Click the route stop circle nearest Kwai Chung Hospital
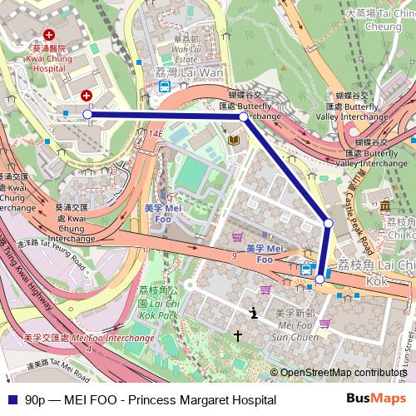point(88,114)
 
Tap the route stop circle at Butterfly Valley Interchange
point(243,117)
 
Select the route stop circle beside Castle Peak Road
point(329,223)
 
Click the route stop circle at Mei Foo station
point(319,280)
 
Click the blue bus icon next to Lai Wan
point(166,85)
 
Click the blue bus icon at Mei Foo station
point(307,269)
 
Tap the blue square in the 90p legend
point(9,400)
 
